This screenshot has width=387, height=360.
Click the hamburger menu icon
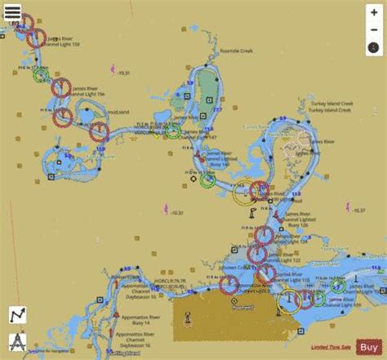click(x=12, y=12)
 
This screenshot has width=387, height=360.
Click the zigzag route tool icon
click(x=17, y=315)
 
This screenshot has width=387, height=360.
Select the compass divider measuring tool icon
click(x=17, y=340)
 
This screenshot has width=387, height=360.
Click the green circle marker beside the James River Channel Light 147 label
click(x=172, y=131)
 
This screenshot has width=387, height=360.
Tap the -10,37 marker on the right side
click(x=356, y=211)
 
